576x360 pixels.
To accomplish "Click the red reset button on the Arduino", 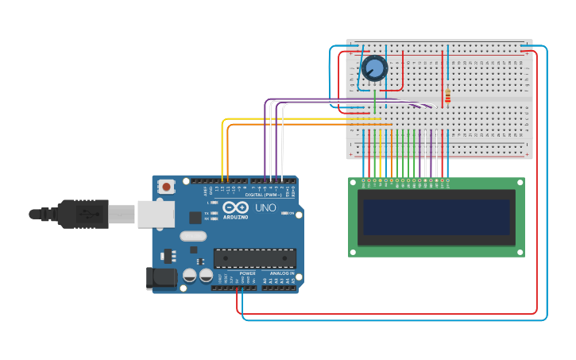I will (166, 187).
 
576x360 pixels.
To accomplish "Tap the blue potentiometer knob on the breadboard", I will (374, 68).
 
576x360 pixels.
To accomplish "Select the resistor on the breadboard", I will (447, 95).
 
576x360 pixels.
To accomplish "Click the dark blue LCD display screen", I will (436, 217).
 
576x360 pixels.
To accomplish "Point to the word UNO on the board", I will (265, 207).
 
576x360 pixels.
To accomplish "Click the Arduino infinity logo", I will (236, 207).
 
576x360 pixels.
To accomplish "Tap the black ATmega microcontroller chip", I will (254, 258).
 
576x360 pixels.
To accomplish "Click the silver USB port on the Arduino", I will (156, 214).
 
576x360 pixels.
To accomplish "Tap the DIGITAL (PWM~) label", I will (264, 194).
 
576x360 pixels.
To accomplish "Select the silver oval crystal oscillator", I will (193, 236).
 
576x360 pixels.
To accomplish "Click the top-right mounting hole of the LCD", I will (520, 183).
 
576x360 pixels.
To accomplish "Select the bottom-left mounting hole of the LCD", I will (353, 252).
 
